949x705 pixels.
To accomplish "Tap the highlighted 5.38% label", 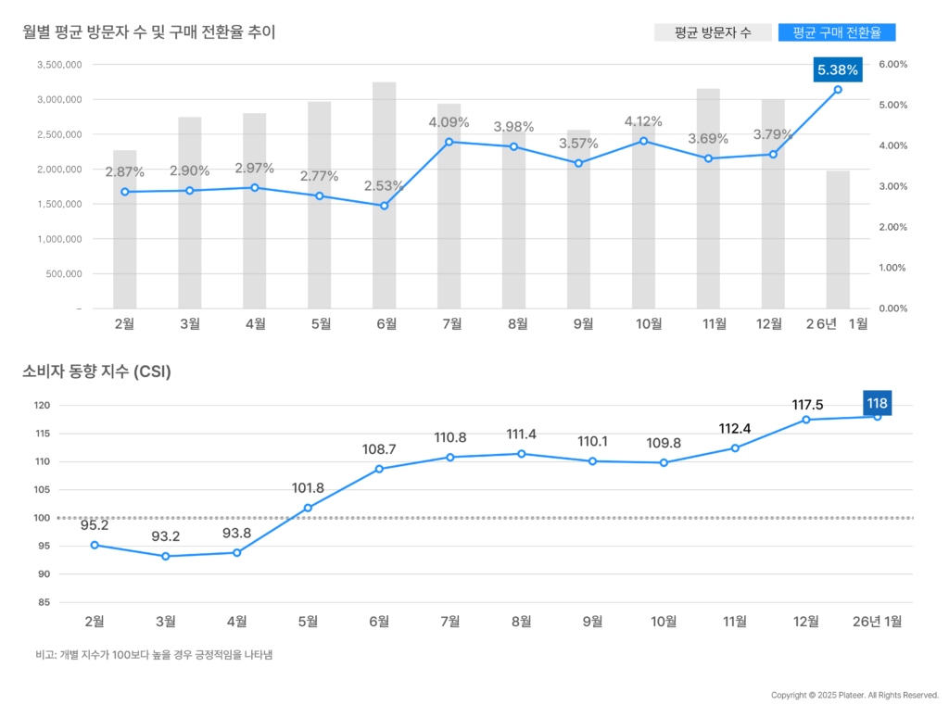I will (x=838, y=69).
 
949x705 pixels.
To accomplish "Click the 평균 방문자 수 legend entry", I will (x=713, y=32).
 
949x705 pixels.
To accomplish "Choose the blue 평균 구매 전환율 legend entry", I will (x=837, y=32).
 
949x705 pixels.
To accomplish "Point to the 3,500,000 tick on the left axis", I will (x=59, y=65).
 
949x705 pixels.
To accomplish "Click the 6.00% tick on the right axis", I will (x=892, y=64).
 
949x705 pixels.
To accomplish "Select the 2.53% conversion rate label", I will (x=384, y=186).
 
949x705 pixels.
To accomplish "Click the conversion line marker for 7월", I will (x=449, y=142).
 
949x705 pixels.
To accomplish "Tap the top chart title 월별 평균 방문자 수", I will (x=149, y=32).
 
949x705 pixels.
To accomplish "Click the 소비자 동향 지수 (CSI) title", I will (x=96, y=372).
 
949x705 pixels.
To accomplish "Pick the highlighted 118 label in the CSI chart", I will (x=877, y=403).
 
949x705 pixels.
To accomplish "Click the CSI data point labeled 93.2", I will (x=166, y=556).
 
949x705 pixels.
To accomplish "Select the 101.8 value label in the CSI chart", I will (x=308, y=488).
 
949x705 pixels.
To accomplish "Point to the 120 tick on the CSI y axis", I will (x=42, y=406).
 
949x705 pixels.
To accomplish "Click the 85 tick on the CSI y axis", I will (x=44, y=603).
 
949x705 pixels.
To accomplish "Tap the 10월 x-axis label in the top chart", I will (x=650, y=323).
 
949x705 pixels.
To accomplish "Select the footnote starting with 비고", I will (x=154, y=655).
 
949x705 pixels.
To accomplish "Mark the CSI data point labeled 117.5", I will (x=806, y=420).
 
